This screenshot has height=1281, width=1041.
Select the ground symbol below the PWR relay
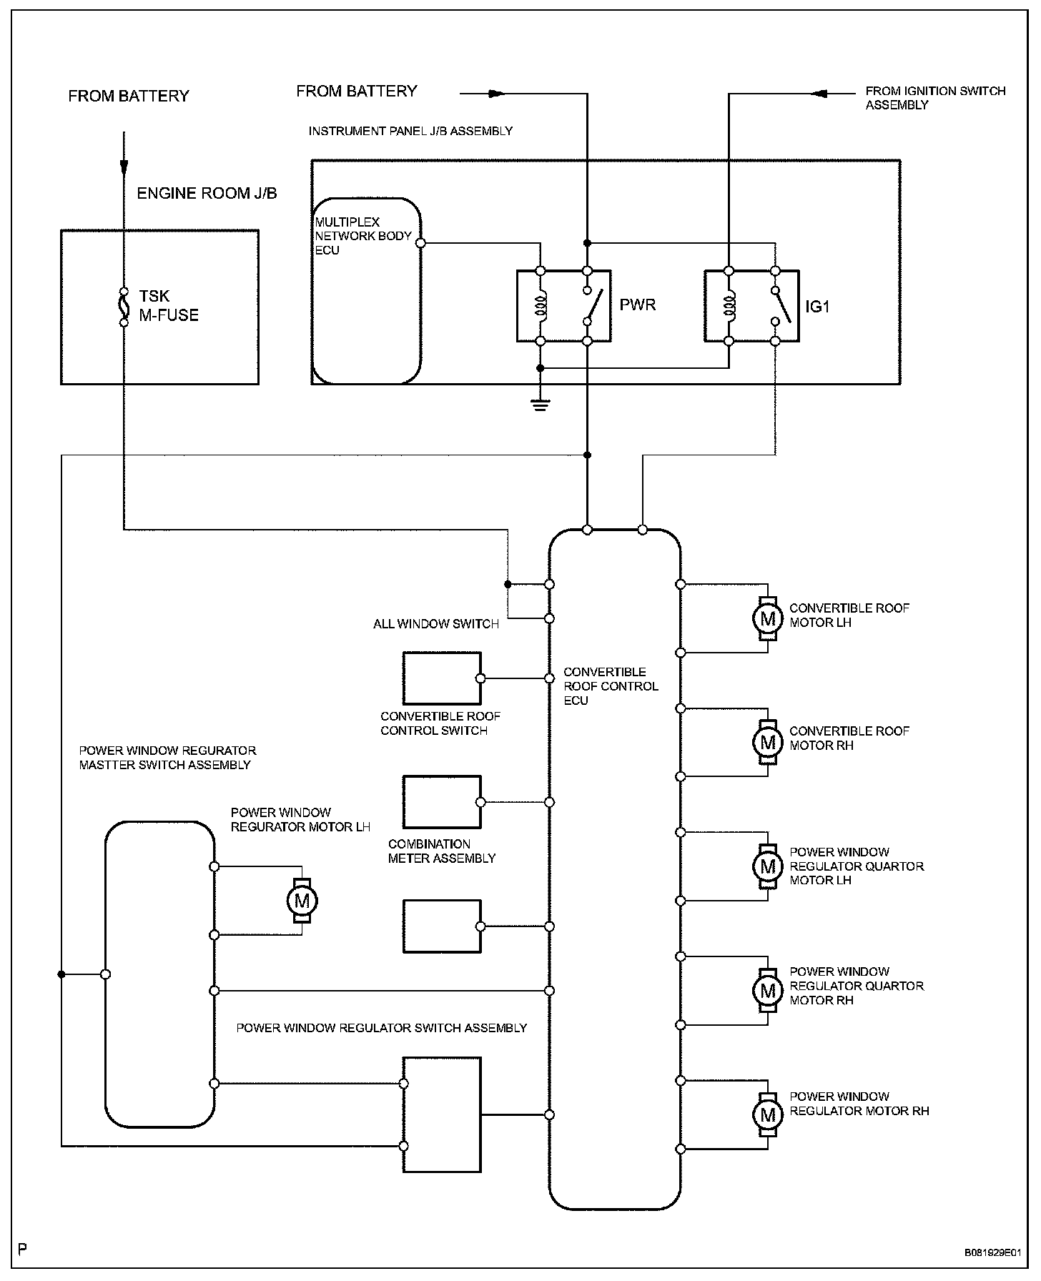pyautogui.click(x=541, y=405)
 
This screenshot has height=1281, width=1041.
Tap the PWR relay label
pyautogui.click(x=637, y=305)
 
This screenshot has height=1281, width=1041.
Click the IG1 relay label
pyautogui.click(x=817, y=307)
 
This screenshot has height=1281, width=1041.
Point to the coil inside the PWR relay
pyautogui.click(x=541, y=306)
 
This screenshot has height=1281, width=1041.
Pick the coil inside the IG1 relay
pyautogui.click(x=729, y=306)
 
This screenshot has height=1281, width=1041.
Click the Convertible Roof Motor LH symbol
pyautogui.click(x=768, y=618)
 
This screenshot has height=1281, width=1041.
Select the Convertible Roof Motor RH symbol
pyautogui.click(x=768, y=742)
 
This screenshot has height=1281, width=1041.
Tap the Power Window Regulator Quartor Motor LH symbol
pyautogui.click(x=768, y=866)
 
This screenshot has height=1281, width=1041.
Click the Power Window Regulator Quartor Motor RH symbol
pyautogui.click(x=768, y=991)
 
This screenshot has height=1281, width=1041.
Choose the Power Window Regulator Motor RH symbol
pyautogui.click(x=768, y=1115)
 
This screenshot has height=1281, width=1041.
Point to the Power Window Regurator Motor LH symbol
pyautogui.click(x=302, y=901)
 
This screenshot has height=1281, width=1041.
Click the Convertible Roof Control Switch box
pyautogui.click(x=442, y=678)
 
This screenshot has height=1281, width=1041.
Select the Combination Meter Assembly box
pyautogui.click(x=442, y=802)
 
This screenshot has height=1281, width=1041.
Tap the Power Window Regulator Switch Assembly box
pyautogui.click(x=442, y=1114)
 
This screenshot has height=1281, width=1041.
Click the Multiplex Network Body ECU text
pyautogui.click(x=362, y=236)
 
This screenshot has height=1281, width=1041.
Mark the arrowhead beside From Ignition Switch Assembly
pyautogui.click(x=819, y=93)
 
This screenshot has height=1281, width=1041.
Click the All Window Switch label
pyautogui.click(x=435, y=624)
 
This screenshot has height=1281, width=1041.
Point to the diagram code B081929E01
pyautogui.click(x=992, y=1253)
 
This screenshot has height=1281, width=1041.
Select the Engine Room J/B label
pyautogui.click(x=207, y=194)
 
